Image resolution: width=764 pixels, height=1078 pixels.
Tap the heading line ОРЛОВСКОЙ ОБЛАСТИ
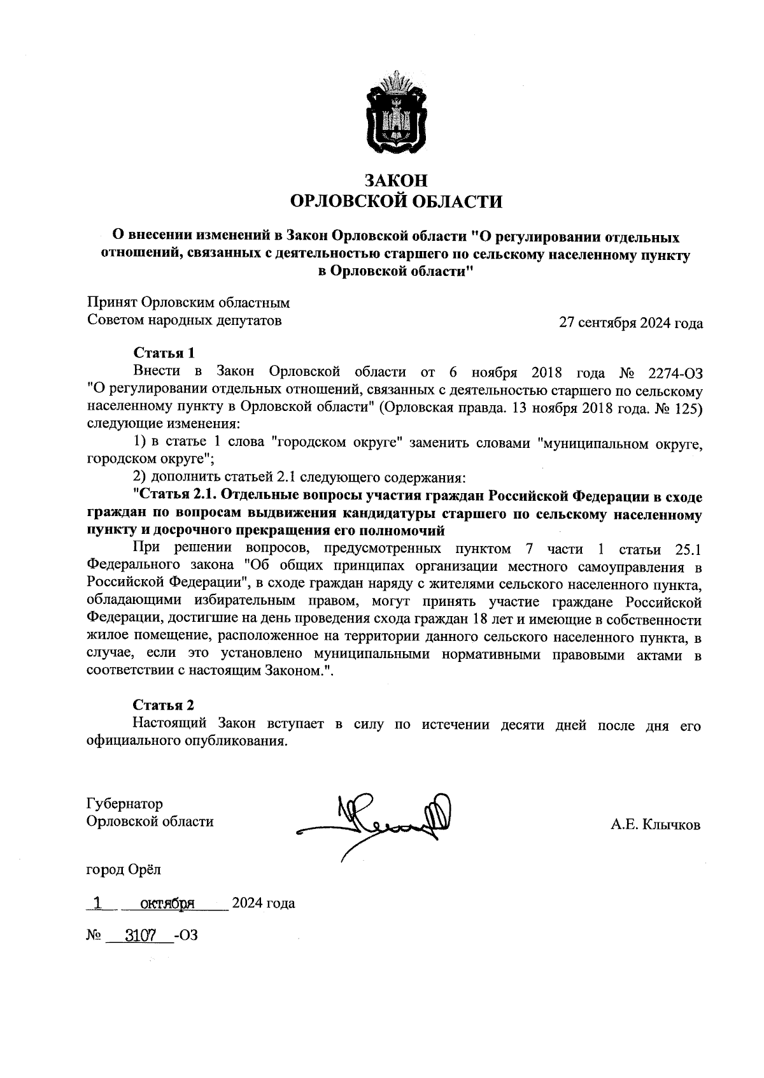(396, 203)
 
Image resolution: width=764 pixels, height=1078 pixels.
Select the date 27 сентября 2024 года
(630, 323)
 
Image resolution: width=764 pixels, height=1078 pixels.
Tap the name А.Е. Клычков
(655, 826)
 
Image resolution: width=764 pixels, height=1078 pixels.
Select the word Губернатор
(125, 804)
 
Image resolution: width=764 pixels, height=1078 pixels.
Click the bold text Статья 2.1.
(173, 495)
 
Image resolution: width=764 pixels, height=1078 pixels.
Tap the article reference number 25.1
(687, 549)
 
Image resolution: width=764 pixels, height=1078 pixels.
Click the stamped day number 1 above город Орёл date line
(97, 903)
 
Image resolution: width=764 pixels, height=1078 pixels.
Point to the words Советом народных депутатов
(184, 320)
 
